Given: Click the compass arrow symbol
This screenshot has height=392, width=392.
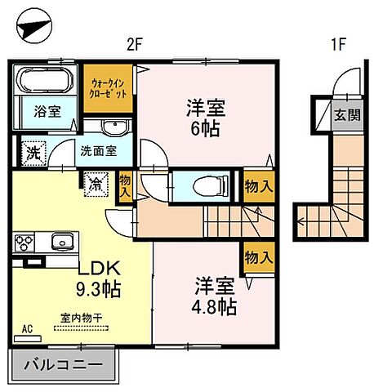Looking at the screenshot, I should [33, 29].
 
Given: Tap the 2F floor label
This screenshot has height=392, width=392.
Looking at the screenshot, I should [136, 47].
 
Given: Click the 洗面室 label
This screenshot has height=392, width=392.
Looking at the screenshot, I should [96, 151].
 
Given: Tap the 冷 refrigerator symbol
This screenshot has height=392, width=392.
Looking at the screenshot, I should [96, 185].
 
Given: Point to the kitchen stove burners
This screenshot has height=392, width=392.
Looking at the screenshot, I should [24, 243].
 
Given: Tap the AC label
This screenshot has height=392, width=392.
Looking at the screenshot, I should [26, 329].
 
